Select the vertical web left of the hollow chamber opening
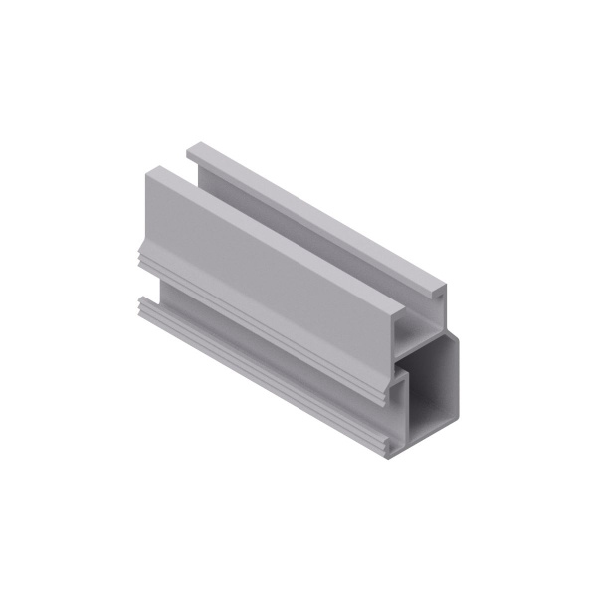405,403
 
